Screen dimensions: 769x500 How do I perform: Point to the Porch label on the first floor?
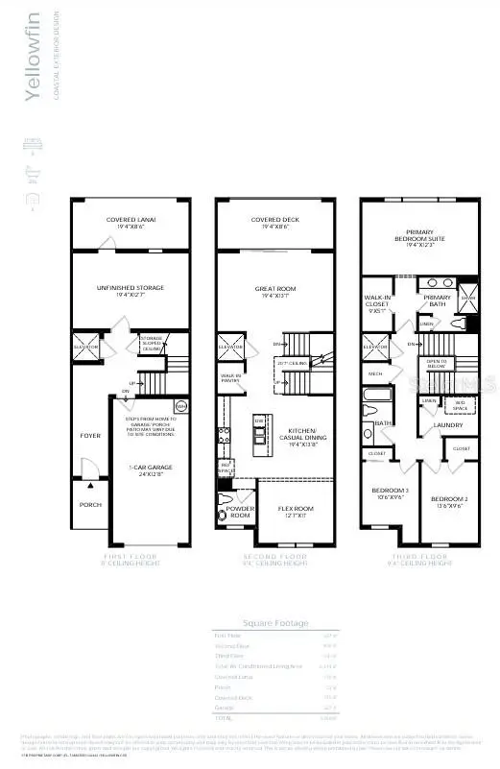click(x=90, y=504)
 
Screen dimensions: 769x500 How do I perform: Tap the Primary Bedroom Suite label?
click(x=419, y=236)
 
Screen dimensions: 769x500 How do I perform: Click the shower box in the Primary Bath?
click(x=467, y=299)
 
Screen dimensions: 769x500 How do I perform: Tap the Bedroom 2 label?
click(x=448, y=501)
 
